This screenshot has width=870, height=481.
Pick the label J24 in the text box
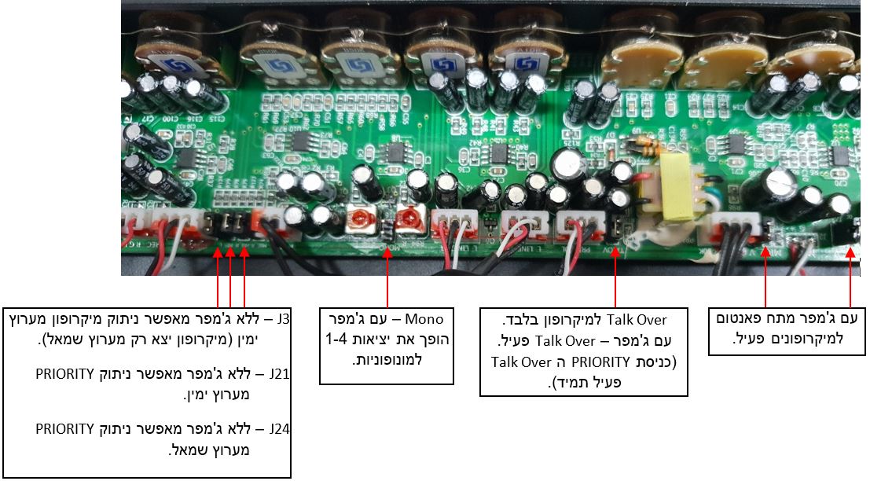pos(280,430)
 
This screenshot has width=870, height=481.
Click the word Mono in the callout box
pos(428,319)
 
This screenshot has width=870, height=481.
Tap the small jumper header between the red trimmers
pos(387,229)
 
